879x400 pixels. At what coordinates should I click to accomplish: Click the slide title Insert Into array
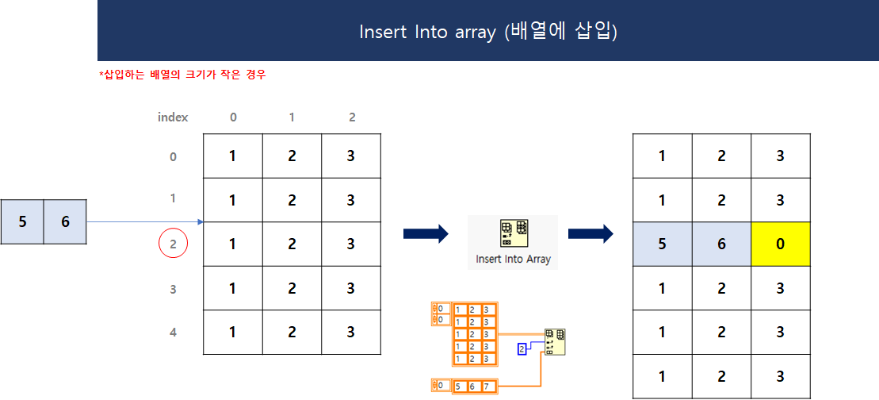(487, 32)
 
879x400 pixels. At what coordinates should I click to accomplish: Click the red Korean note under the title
(182, 75)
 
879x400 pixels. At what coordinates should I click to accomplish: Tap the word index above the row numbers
(173, 117)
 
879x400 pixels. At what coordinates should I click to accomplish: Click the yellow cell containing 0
(780, 244)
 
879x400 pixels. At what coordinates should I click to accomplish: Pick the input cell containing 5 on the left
(22, 221)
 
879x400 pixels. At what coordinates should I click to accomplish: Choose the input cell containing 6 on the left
(65, 221)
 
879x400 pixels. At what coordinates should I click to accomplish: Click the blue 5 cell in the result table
(662, 244)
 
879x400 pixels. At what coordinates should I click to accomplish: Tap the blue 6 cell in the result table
(721, 244)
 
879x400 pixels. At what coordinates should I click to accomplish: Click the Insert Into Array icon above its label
(513, 234)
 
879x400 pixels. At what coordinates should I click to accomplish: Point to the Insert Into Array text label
(513, 259)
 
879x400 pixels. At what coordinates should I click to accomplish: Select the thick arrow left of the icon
(426, 233)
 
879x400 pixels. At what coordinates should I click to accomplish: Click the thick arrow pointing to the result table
(590, 233)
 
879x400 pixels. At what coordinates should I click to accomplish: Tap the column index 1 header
(292, 117)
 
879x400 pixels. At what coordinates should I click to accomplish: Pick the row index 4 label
(173, 332)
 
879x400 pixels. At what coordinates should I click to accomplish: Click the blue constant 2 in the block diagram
(522, 348)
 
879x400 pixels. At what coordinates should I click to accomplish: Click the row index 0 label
(173, 156)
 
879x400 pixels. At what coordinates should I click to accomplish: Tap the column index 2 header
(351, 117)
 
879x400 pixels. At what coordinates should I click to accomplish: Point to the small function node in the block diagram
(555, 342)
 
